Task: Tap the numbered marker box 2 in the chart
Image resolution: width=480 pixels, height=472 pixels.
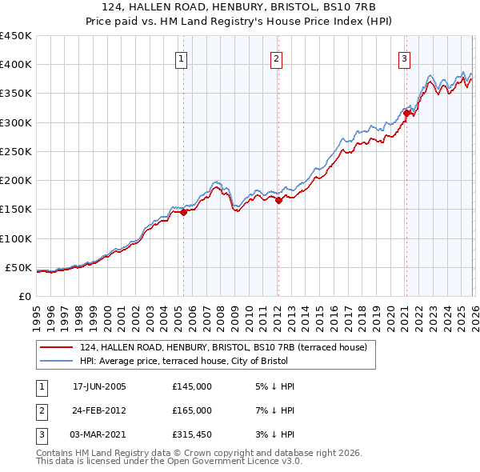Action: [276, 58]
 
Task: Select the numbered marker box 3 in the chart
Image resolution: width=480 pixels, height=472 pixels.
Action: [405, 58]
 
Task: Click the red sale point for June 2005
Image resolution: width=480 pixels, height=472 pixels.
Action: [183, 213]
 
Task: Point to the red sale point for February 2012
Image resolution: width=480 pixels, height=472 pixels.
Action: [278, 201]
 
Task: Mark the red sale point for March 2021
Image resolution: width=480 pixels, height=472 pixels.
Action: [406, 114]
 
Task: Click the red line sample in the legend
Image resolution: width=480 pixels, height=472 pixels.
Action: [58, 348]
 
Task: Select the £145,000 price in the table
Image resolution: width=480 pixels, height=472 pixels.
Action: [191, 386]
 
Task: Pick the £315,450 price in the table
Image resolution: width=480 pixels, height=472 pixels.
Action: [191, 434]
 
